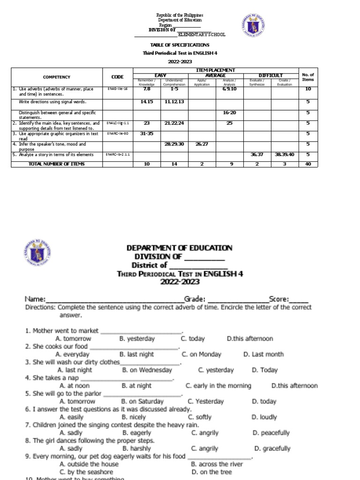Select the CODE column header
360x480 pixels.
tap(118, 77)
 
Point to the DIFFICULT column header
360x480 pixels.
tap(270, 75)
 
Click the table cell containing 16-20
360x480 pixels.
tap(229, 112)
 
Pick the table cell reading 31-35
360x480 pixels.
tap(147, 133)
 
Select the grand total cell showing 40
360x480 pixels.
tap(308, 164)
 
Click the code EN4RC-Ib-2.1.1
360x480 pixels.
tap(118, 154)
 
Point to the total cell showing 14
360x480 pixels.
tap(174, 164)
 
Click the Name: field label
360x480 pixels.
tap(35, 299)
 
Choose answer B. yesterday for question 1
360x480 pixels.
tap(137, 338)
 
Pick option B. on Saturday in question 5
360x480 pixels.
tap(142, 401)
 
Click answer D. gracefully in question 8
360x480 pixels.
tap(272, 449)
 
